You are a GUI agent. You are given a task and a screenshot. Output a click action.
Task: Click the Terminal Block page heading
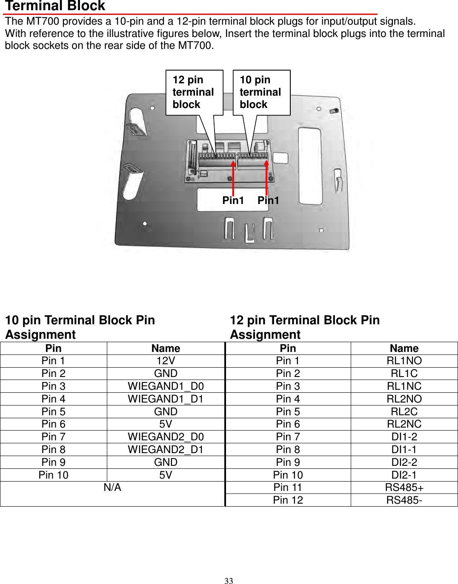pos(55,6)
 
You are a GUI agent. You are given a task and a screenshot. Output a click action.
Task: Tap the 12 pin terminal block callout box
pos(194,92)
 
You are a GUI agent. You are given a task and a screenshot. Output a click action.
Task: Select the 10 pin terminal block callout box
pos(261,92)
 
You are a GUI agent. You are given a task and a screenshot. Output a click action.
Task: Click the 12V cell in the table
pos(166,361)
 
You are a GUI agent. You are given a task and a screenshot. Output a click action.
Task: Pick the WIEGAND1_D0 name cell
pos(166,386)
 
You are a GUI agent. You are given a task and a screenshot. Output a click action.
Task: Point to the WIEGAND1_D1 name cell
pos(166,399)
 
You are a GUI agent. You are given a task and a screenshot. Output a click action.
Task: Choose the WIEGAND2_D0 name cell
pos(166,437)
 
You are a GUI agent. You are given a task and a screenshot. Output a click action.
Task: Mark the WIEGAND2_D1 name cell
pos(166,450)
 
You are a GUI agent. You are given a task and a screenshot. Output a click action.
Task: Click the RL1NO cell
pos(404,361)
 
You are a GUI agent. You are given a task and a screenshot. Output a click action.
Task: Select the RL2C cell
pos(404,412)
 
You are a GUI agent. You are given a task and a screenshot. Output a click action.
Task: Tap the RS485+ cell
pos(404,488)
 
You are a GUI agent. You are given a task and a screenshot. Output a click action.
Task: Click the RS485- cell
pos(404,500)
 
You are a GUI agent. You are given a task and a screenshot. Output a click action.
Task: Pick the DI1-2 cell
pos(404,437)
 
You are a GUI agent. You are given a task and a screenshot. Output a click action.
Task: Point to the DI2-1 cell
pos(404,475)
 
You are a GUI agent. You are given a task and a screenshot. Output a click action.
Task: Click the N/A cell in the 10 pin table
pos(112,488)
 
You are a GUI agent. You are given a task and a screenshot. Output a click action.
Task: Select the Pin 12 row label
pos(288,500)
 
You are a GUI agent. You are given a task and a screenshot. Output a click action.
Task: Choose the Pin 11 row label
pos(288,488)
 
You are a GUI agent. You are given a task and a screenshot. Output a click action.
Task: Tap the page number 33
pos(229,581)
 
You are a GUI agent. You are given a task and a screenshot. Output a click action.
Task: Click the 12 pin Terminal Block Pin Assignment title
pos(305,327)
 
